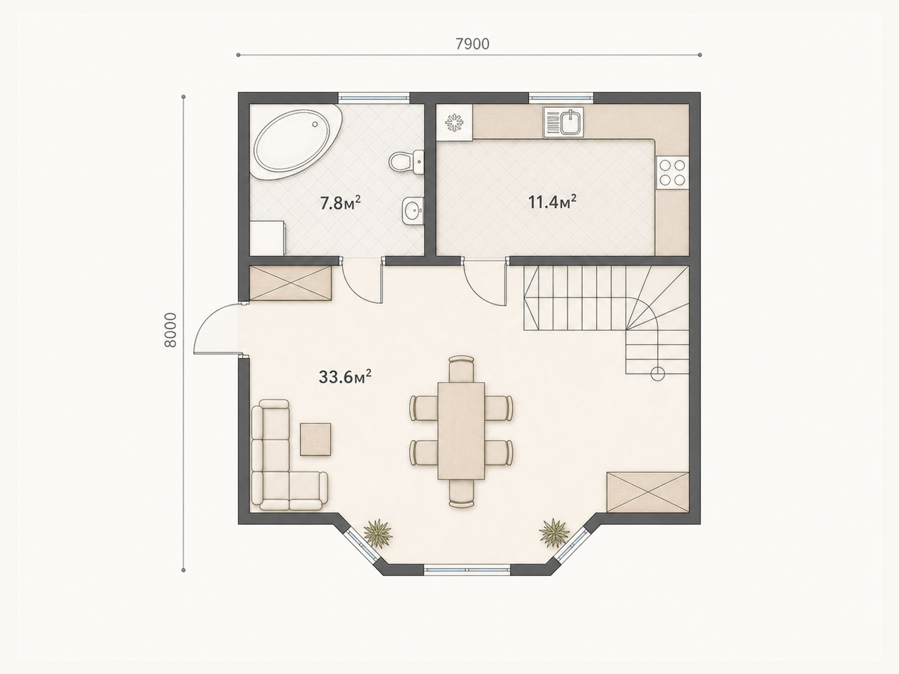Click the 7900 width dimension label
[x=472, y=44]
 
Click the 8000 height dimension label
[x=170, y=330]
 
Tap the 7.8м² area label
[x=340, y=203]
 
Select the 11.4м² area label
[x=552, y=202]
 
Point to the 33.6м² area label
[x=345, y=377]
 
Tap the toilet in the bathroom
[x=406, y=162]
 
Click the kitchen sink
[x=563, y=122]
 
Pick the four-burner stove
[x=672, y=172]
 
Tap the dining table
[x=461, y=431]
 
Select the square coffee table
[x=315, y=440]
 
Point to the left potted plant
[x=378, y=532]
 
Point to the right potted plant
[x=554, y=532]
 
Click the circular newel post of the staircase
[x=657, y=374]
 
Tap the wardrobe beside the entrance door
[x=290, y=283]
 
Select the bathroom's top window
[x=374, y=97]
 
